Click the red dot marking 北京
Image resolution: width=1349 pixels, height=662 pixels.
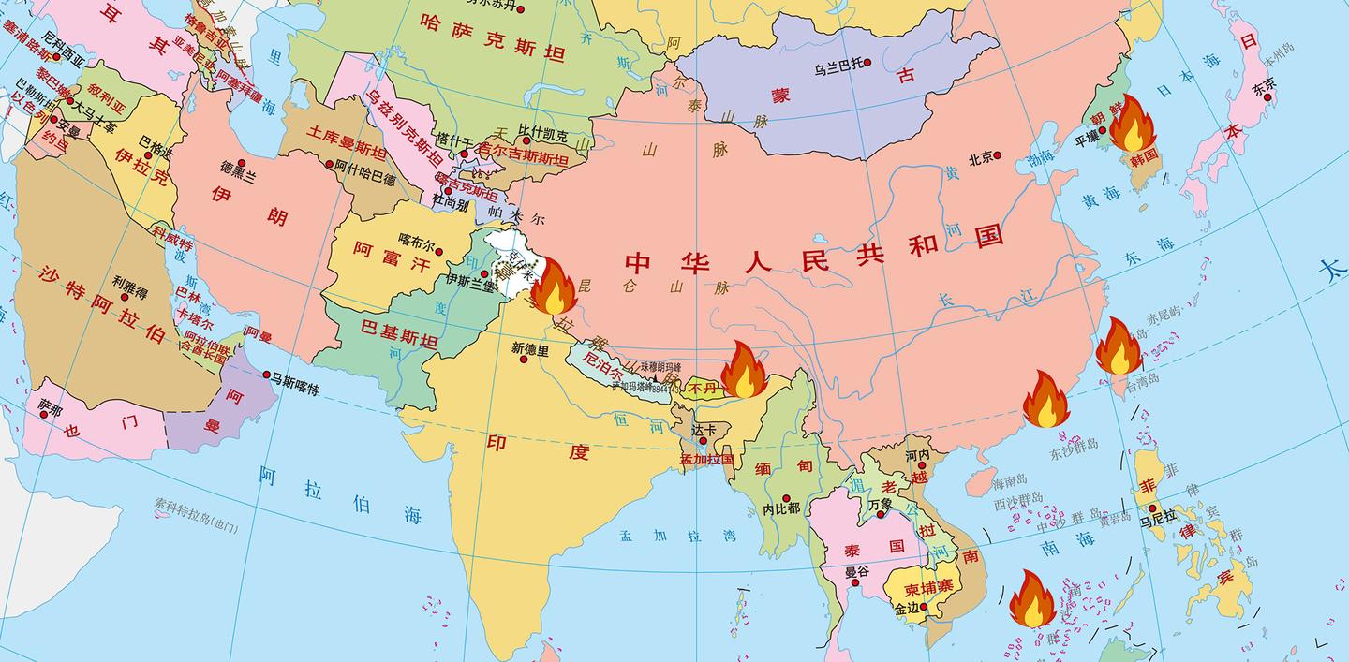point(998,155)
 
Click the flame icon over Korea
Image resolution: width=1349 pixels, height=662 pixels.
point(1132,124)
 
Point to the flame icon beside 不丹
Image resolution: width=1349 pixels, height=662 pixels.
point(744,370)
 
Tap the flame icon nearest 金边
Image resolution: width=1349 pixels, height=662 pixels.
point(1032,598)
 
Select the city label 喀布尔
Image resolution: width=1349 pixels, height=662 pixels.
point(417,239)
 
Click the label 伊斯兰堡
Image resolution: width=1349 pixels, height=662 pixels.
point(469,279)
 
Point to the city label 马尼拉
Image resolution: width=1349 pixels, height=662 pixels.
point(1158,523)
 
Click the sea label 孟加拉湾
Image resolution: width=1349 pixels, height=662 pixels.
point(676,537)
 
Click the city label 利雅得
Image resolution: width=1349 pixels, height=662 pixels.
point(130,280)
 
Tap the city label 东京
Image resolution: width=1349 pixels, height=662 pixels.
point(1264,90)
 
